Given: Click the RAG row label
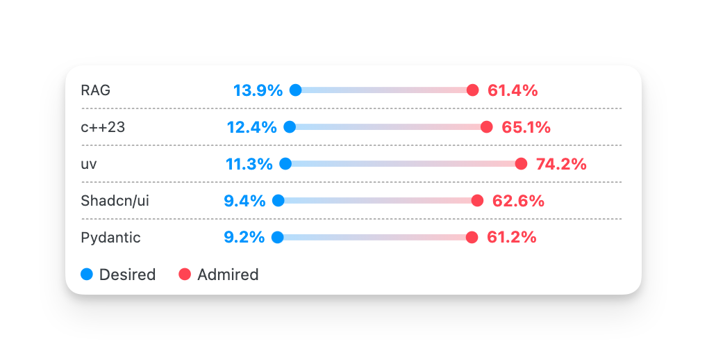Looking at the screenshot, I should (95, 90).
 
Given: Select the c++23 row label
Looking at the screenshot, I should (103, 127).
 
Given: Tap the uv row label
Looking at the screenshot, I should (88, 164).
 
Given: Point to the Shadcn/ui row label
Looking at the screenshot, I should (115, 201).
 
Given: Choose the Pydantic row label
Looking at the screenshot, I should (110, 238).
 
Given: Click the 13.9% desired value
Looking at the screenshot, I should (258, 90).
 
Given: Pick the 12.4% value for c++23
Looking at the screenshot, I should (251, 127).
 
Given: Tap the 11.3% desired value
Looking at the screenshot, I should (249, 164).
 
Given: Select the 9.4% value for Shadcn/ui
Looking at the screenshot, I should (244, 201).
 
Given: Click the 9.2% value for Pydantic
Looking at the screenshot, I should (244, 238).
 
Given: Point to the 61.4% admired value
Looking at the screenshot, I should (513, 90).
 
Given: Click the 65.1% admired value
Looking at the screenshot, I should (526, 127).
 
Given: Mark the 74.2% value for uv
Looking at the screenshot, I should (561, 164).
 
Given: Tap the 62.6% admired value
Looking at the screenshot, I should (518, 201).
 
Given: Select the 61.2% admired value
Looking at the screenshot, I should (512, 238).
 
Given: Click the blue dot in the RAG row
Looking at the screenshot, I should (295, 90).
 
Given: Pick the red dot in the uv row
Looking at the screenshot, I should (521, 163).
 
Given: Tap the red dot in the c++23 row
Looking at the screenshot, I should (486, 126).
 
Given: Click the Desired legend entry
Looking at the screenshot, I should (119, 275).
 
